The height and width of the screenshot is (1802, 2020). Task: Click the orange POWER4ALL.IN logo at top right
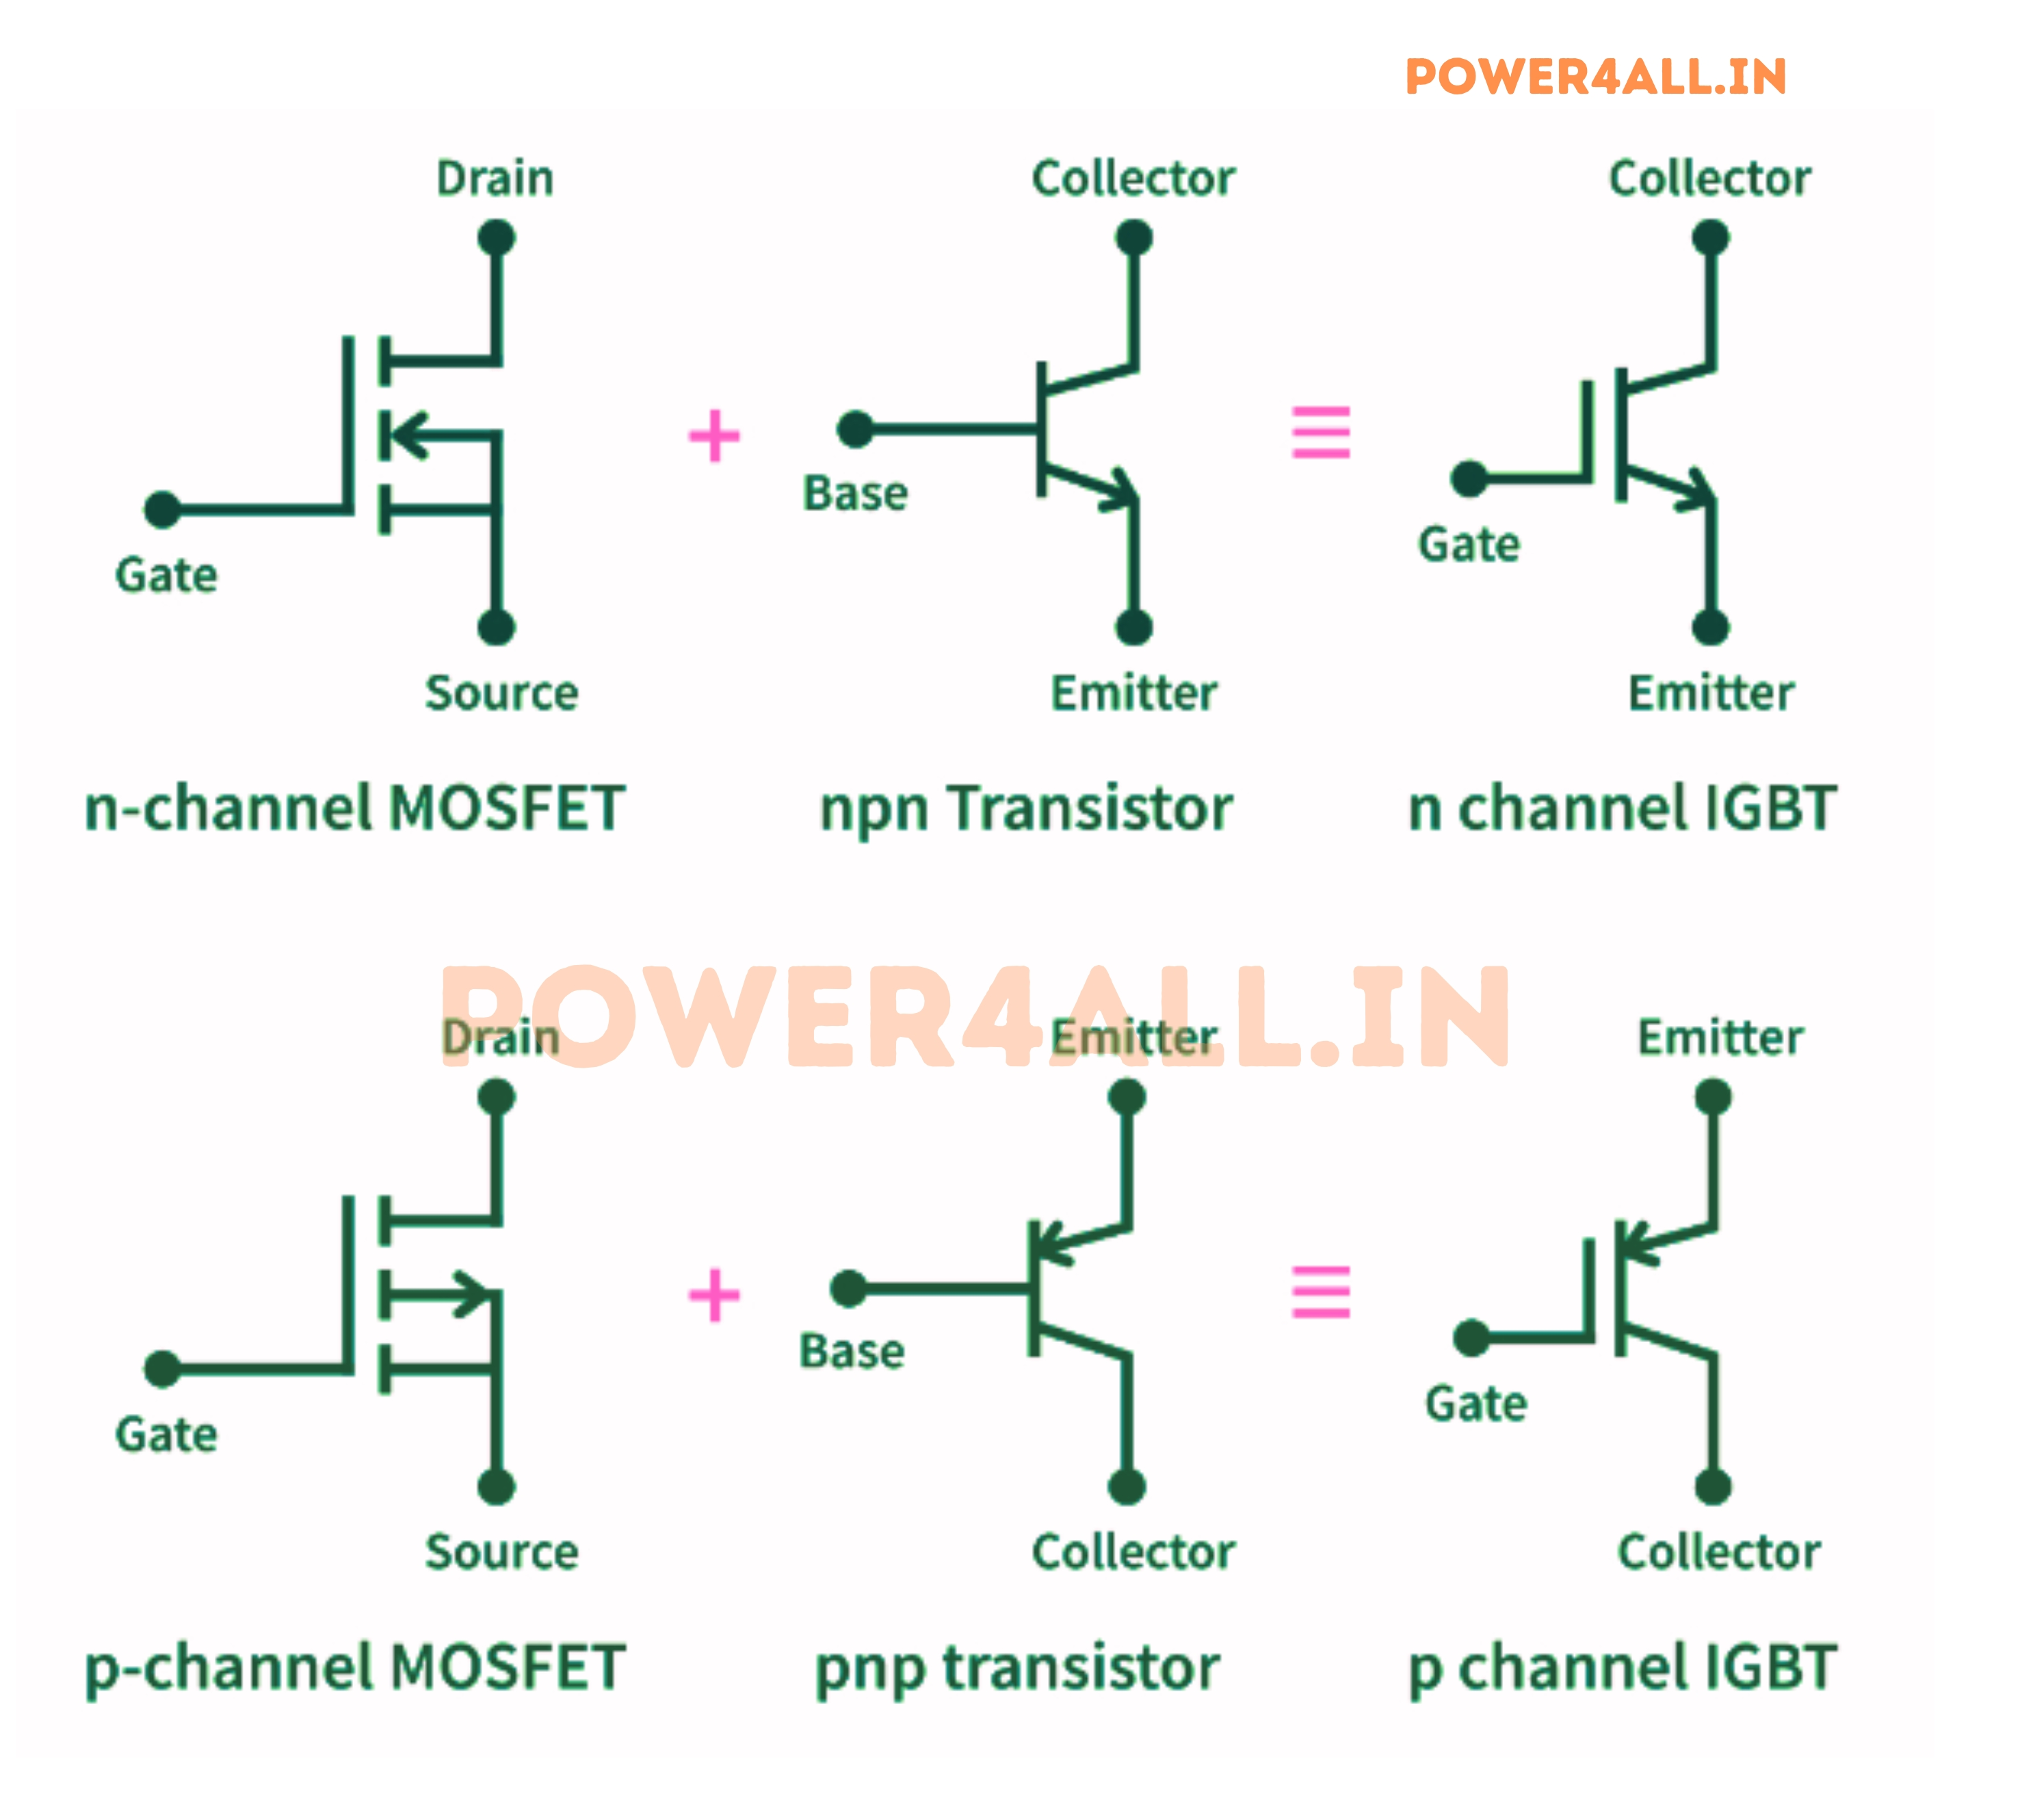point(1595,77)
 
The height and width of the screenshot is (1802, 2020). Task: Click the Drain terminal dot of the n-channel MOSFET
point(496,237)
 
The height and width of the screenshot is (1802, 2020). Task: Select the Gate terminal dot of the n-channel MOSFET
point(162,510)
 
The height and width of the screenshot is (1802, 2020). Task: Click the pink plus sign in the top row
point(713,436)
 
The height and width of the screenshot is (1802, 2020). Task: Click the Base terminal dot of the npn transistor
point(855,428)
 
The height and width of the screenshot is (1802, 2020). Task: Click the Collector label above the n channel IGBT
point(1709,179)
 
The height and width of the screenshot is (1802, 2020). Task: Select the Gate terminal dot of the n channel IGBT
point(1469,478)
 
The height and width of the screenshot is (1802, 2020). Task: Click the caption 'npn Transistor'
point(1025,808)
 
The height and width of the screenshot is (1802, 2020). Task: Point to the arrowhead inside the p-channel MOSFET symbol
point(471,1293)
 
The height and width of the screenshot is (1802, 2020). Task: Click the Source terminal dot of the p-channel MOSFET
point(496,1486)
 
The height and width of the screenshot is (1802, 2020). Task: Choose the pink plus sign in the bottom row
point(713,1294)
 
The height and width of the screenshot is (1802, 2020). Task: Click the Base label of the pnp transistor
point(851,1352)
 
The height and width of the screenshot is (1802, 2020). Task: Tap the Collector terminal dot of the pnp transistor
point(1127,1486)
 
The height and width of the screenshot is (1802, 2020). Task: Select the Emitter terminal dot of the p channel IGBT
point(1712,1097)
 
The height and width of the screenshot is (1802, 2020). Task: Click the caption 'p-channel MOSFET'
point(354,1667)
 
